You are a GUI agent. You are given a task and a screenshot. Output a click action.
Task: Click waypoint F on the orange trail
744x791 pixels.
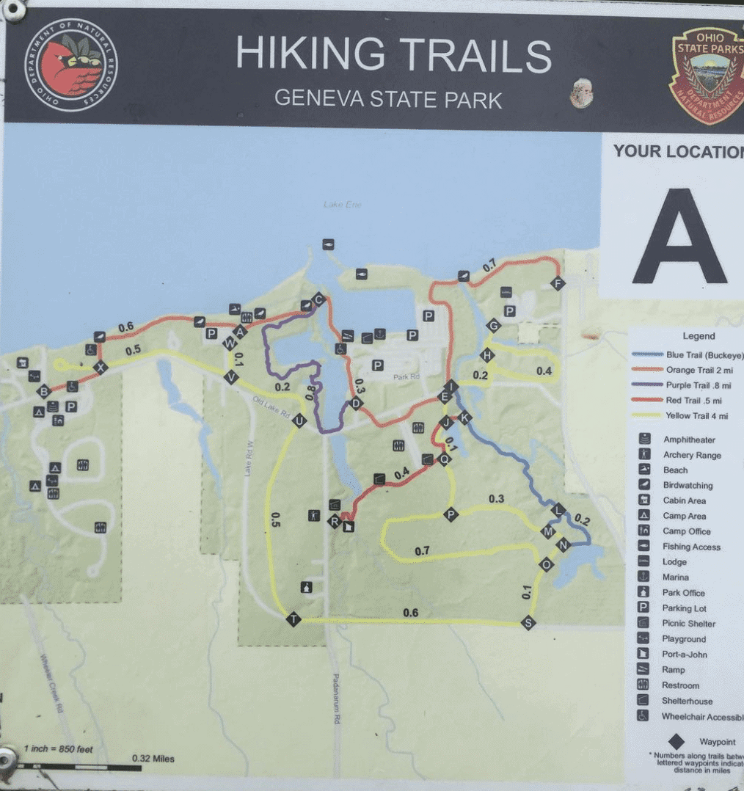click(557, 284)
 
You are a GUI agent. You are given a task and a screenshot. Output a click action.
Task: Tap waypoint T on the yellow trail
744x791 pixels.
click(293, 619)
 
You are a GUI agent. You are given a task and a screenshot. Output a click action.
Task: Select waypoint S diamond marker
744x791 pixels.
click(528, 623)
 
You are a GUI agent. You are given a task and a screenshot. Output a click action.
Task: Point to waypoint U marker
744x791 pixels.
click(299, 420)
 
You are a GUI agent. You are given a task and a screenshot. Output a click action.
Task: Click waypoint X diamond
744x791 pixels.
click(101, 367)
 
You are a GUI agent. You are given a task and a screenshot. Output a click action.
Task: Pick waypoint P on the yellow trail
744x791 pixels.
click(451, 514)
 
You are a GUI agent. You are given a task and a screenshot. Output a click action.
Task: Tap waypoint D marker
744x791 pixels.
click(357, 403)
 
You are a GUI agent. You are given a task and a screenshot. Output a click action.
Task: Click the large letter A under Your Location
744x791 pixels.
click(679, 237)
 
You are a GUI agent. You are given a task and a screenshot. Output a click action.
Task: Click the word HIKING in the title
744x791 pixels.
click(310, 55)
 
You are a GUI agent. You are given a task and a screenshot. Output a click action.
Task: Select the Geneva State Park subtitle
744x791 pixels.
click(388, 98)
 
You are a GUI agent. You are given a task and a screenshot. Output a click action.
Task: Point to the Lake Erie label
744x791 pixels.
click(343, 204)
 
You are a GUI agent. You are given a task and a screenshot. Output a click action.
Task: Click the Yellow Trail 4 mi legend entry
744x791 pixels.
click(696, 416)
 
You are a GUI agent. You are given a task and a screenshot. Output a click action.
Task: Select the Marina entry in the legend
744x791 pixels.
click(675, 577)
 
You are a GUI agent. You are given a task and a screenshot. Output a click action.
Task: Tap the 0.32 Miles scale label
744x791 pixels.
click(153, 759)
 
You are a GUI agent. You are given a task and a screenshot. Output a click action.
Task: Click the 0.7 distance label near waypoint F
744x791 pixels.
click(489, 265)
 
